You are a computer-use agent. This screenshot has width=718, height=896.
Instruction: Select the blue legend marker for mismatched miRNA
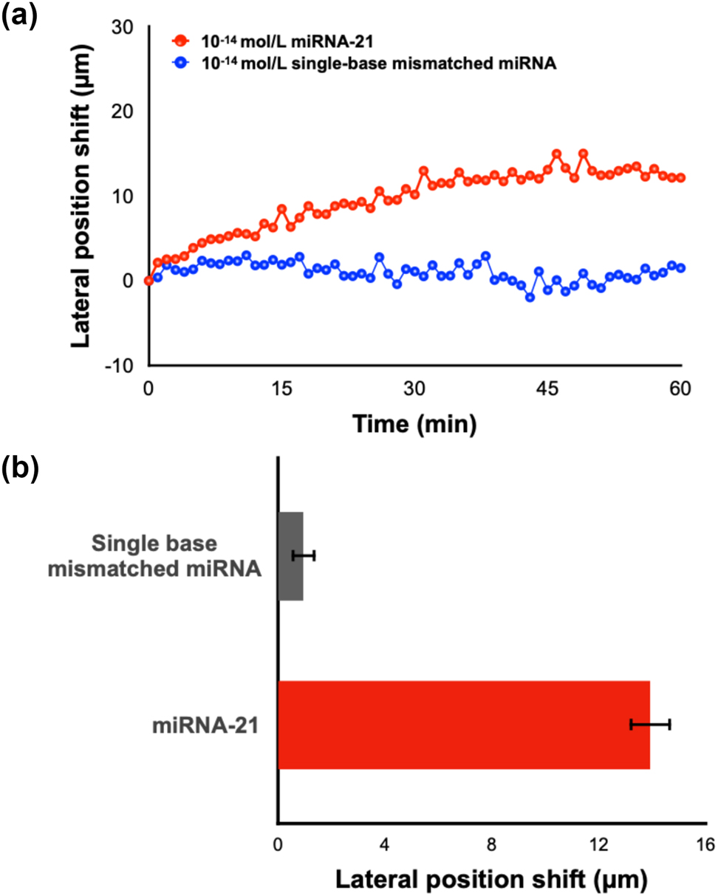pos(179,64)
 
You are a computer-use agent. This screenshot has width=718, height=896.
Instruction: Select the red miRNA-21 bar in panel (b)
pos(463,725)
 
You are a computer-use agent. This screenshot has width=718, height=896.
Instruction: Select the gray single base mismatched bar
pos(290,555)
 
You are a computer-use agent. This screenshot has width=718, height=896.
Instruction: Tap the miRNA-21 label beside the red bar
pos(205,725)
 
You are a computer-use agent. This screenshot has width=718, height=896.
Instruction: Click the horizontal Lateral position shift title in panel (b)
pos(491,879)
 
